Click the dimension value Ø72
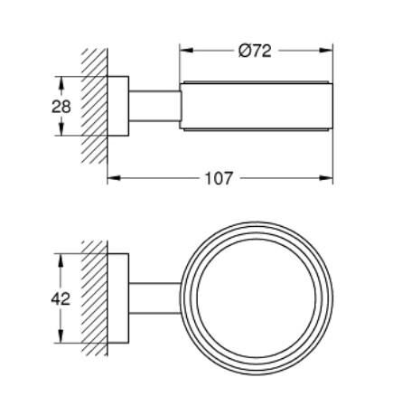(257, 51)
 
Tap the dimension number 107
(219, 178)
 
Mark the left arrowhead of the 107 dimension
(112, 178)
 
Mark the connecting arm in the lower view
(155, 298)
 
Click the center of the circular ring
(257, 298)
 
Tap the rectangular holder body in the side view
(257, 106)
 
